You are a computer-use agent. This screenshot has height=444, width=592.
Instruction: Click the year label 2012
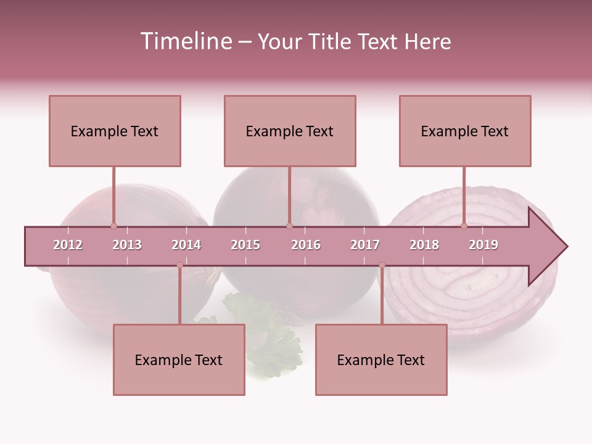pyautogui.click(x=68, y=245)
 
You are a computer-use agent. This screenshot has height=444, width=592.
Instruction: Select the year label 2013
pyautogui.click(x=127, y=245)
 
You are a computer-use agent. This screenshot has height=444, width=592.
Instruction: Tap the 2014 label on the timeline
pyautogui.click(x=186, y=245)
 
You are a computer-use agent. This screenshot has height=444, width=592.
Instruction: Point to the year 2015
pyautogui.click(x=245, y=245)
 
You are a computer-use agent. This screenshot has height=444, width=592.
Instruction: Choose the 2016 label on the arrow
pyautogui.click(x=306, y=245)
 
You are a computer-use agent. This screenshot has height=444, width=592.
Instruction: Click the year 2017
pyautogui.click(x=365, y=245)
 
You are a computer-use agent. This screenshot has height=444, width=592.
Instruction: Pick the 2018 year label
pyautogui.click(x=424, y=245)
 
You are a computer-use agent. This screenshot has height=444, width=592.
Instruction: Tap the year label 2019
pyautogui.click(x=483, y=245)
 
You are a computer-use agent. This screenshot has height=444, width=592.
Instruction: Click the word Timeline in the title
pyautogui.click(x=185, y=41)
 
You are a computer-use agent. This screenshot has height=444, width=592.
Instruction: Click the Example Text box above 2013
pyautogui.click(x=115, y=131)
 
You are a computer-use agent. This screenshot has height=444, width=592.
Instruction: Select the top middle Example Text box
pyautogui.click(x=290, y=131)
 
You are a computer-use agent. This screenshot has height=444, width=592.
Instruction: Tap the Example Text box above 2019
pyautogui.click(x=465, y=131)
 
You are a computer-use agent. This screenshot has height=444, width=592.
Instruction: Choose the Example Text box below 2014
pyautogui.click(x=179, y=360)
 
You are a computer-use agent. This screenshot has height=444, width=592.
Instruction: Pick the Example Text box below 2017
pyautogui.click(x=381, y=360)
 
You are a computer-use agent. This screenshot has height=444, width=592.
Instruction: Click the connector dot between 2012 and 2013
pyautogui.click(x=113, y=226)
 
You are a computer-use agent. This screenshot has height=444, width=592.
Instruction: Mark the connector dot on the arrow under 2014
pyautogui.click(x=179, y=265)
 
